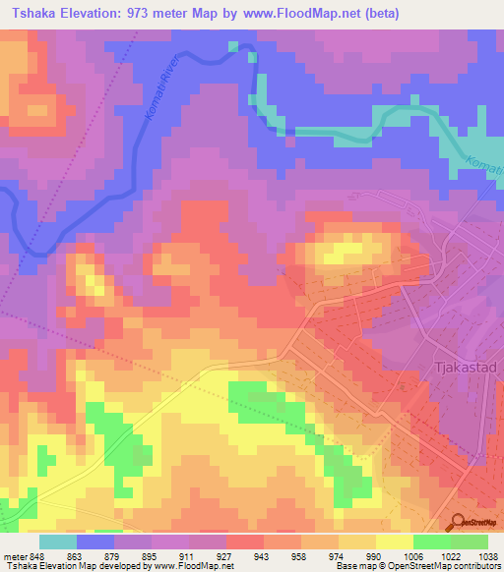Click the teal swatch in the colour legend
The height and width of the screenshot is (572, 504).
point(58,542)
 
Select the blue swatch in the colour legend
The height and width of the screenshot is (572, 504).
point(95,542)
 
